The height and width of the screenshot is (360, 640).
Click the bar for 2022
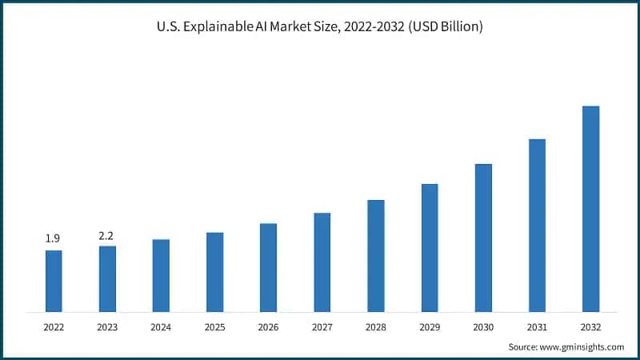(x=54, y=281)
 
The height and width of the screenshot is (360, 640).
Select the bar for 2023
(x=107, y=278)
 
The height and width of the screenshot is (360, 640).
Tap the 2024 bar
(x=161, y=275)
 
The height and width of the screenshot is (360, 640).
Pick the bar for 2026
(x=268, y=267)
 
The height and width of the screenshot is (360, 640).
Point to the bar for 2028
(x=376, y=255)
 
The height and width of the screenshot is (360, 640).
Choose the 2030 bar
(x=483, y=238)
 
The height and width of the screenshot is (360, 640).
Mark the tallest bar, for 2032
(x=590, y=208)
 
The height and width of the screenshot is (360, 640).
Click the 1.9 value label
(x=54, y=238)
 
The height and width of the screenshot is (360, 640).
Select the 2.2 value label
(x=107, y=234)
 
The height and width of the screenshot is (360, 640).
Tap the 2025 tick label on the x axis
(x=214, y=326)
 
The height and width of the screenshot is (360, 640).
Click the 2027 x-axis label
(x=322, y=326)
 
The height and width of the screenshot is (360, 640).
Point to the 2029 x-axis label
(x=430, y=326)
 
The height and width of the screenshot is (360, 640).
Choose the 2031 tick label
(x=537, y=326)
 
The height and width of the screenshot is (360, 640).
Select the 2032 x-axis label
(x=590, y=326)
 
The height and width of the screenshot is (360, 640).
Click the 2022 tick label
(x=54, y=326)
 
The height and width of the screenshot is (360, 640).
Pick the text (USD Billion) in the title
(x=443, y=26)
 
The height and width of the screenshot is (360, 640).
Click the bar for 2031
(x=537, y=225)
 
